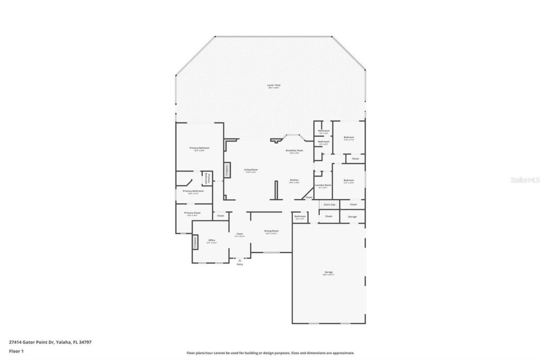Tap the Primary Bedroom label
[x=197, y=148]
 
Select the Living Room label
[x=250, y=170]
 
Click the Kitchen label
[x=294, y=180]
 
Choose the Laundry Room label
[x=323, y=185]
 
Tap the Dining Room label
[x=271, y=231]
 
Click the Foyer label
[x=239, y=234]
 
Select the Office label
[x=211, y=241]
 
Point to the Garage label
[x=328, y=274]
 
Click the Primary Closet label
[x=191, y=213]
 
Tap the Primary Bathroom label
[x=193, y=191]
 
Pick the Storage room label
[x=352, y=216]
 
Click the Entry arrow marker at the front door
[x=240, y=260]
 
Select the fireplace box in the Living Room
[x=227, y=169]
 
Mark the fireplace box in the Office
[x=195, y=242]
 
